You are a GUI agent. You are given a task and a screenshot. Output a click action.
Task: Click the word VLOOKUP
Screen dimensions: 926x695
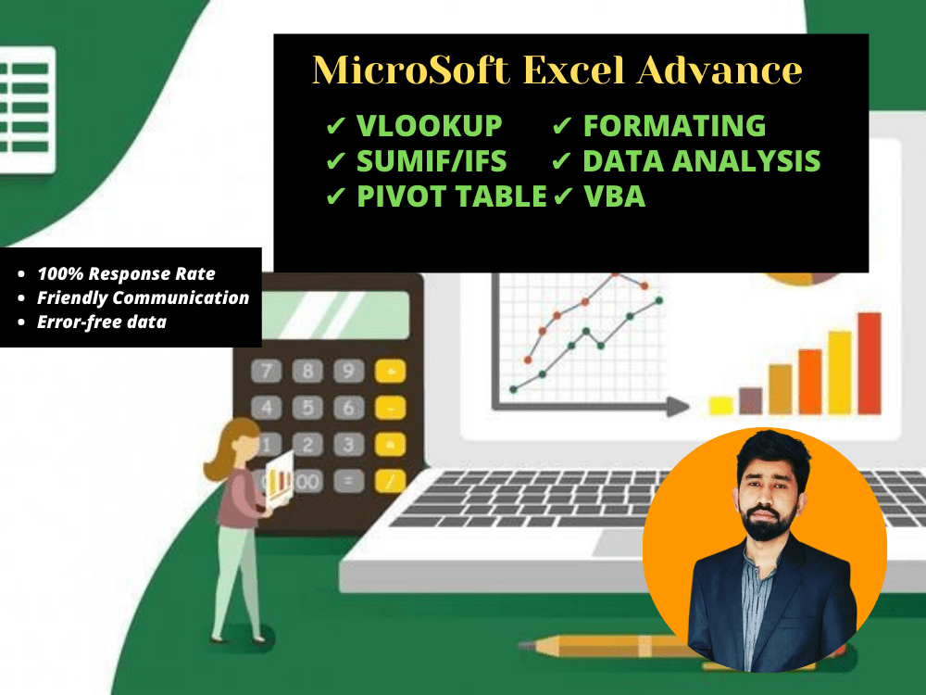point(429,125)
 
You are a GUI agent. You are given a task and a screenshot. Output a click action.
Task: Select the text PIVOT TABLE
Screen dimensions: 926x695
point(452,196)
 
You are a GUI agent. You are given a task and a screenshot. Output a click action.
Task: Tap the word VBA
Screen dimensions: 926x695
point(614,196)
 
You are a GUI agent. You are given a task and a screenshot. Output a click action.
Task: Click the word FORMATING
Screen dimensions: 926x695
point(674,125)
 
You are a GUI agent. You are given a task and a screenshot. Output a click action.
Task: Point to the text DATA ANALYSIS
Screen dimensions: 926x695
point(702,160)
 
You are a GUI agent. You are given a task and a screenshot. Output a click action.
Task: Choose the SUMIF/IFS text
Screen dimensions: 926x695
point(432,161)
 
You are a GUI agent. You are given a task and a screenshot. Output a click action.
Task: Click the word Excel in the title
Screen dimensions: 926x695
point(573,69)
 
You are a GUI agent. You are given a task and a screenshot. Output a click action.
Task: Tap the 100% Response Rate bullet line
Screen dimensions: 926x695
point(126,273)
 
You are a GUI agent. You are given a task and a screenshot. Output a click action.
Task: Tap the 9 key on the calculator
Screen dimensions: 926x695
point(348,372)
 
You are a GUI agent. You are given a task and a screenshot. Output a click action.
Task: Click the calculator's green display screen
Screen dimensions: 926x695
point(335,315)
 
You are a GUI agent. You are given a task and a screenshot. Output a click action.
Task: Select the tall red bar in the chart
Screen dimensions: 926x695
point(870,363)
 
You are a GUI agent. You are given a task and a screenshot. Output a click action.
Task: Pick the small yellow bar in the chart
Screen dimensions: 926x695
point(721,406)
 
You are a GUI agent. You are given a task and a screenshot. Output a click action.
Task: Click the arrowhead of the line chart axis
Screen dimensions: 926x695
point(678,406)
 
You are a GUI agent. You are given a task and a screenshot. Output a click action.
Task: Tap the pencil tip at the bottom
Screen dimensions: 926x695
point(524,645)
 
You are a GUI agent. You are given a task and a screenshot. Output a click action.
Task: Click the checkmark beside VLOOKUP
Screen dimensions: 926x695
point(335,126)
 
